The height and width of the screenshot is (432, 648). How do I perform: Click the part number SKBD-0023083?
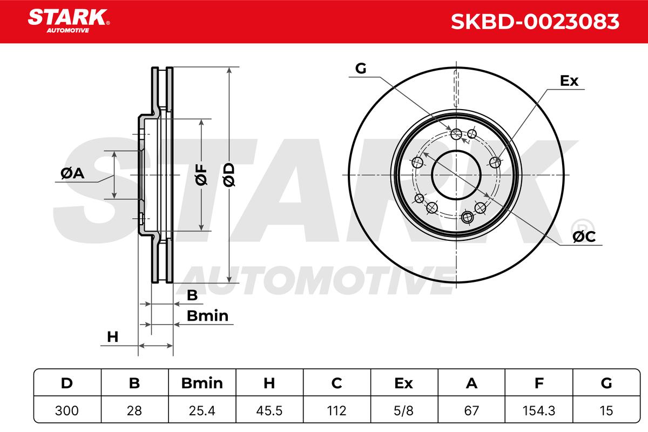[x=535, y=22]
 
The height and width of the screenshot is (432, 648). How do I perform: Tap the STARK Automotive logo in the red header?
[x=69, y=21]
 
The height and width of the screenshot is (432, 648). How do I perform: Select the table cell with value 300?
[x=67, y=410]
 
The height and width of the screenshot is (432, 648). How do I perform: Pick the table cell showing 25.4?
[x=202, y=410]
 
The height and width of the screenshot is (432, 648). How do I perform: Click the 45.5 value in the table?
[x=269, y=410]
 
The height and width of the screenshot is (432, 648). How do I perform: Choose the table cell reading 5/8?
[x=403, y=410]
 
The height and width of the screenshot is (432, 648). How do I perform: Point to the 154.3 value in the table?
[x=539, y=410]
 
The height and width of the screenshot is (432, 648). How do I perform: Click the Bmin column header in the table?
[x=202, y=383]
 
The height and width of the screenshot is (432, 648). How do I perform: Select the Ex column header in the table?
[x=403, y=383]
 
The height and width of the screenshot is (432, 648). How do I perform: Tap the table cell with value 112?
[x=336, y=410]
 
